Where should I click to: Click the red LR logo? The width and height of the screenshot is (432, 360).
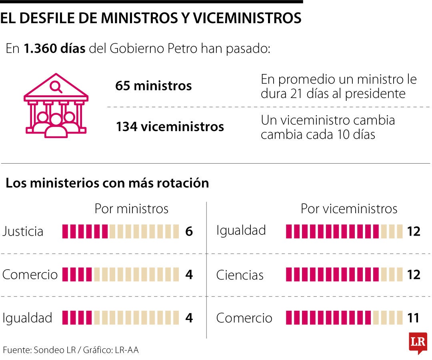(x=418, y=342)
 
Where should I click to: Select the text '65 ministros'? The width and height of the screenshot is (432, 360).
(x=153, y=86)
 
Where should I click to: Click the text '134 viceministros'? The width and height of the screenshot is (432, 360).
(x=170, y=127)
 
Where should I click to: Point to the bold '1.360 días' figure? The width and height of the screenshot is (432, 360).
(x=54, y=49)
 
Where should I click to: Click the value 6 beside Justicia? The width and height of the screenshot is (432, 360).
(x=189, y=232)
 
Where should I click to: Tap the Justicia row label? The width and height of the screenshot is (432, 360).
(x=23, y=232)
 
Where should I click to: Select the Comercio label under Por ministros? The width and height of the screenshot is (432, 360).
(x=30, y=275)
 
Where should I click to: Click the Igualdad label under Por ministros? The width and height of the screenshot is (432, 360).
(x=27, y=318)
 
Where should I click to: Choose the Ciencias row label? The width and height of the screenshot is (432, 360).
(x=240, y=275)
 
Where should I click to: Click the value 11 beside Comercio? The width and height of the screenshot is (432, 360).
(x=413, y=318)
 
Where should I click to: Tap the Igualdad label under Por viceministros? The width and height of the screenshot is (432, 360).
(x=241, y=230)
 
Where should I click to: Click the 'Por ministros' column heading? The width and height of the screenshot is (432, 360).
(x=131, y=209)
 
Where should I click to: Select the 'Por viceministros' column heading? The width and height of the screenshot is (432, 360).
(x=349, y=209)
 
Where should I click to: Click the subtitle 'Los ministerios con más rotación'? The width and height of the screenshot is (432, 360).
(x=107, y=183)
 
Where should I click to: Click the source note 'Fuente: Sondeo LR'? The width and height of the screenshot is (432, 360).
(x=39, y=350)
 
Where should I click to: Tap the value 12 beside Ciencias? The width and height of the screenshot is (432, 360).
(x=413, y=275)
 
